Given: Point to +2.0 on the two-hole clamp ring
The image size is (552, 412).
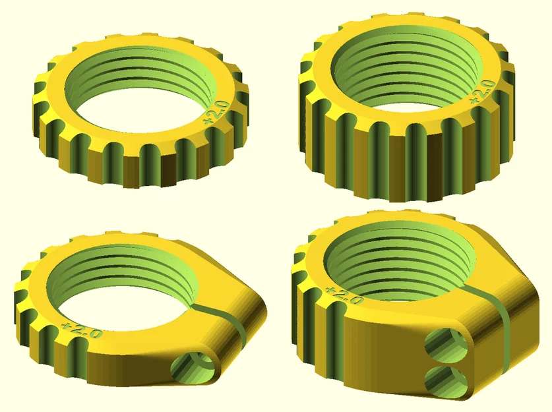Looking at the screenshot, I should click(344, 295).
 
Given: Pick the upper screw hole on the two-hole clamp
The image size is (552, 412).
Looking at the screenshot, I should click(443, 343).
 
